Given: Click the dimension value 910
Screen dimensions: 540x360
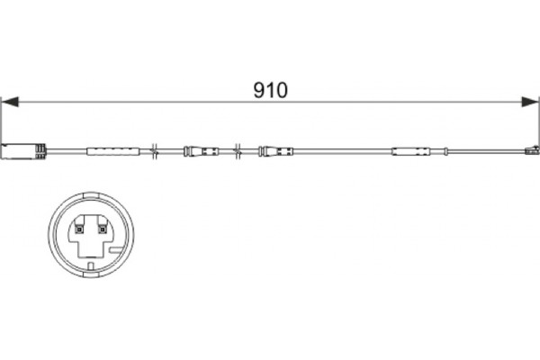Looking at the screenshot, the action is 270,90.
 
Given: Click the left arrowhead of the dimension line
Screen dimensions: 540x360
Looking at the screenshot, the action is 10,102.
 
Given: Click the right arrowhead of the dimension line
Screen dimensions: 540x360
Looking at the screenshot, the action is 530,102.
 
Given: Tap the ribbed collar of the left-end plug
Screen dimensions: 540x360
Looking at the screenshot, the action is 40,151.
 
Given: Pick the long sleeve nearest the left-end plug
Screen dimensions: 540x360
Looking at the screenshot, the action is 113,151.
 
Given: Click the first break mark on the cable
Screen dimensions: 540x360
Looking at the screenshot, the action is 155,151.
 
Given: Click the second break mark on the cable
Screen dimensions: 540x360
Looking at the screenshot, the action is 238,151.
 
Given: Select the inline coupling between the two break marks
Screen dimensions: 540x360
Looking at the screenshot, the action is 201,151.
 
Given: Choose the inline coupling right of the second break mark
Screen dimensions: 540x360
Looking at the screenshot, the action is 276,151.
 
